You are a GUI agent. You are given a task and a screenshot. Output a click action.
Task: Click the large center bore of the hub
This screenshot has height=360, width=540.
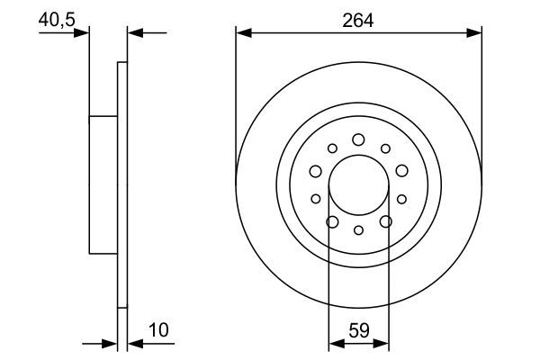(x=358, y=185)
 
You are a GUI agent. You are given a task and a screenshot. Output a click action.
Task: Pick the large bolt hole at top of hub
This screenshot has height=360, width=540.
(x=358, y=139)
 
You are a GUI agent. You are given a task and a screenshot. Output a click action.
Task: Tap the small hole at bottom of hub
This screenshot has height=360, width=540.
(x=358, y=230)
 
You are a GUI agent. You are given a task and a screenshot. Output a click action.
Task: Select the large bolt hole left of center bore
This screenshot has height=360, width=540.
(x=316, y=171)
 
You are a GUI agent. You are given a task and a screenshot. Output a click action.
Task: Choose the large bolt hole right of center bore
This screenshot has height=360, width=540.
(x=400, y=171)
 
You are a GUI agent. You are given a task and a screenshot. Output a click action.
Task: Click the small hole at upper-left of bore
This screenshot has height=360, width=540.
(x=332, y=148)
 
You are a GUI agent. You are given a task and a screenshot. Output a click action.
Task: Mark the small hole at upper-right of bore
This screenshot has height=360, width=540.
(x=384, y=148)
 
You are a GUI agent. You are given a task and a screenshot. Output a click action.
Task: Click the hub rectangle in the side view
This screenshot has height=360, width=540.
(x=103, y=184)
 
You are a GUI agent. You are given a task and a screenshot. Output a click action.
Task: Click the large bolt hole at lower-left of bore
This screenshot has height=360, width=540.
(x=332, y=221)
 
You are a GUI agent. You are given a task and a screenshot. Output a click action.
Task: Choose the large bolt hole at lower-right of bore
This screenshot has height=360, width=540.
(x=385, y=221)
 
